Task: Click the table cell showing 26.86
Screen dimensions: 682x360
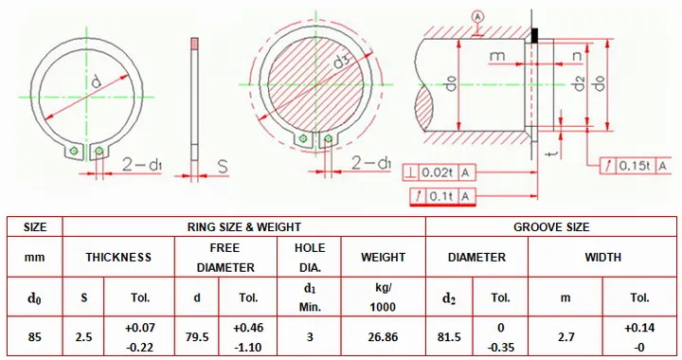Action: [x=383, y=337]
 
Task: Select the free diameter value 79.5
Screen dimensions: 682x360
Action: [x=197, y=337]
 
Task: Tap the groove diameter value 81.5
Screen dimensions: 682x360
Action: [x=449, y=337]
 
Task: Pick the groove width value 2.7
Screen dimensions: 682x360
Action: [x=565, y=337]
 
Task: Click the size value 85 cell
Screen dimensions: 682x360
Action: [x=34, y=337]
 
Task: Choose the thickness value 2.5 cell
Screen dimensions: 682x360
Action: [x=83, y=337]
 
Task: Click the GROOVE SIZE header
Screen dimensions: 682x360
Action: [x=551, y=227]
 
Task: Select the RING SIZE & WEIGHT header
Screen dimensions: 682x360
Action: [x=244, y=227]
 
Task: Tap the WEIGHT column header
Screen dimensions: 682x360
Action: [x=383, y=257]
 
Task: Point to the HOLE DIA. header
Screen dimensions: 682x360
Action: [x=310, y=258]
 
